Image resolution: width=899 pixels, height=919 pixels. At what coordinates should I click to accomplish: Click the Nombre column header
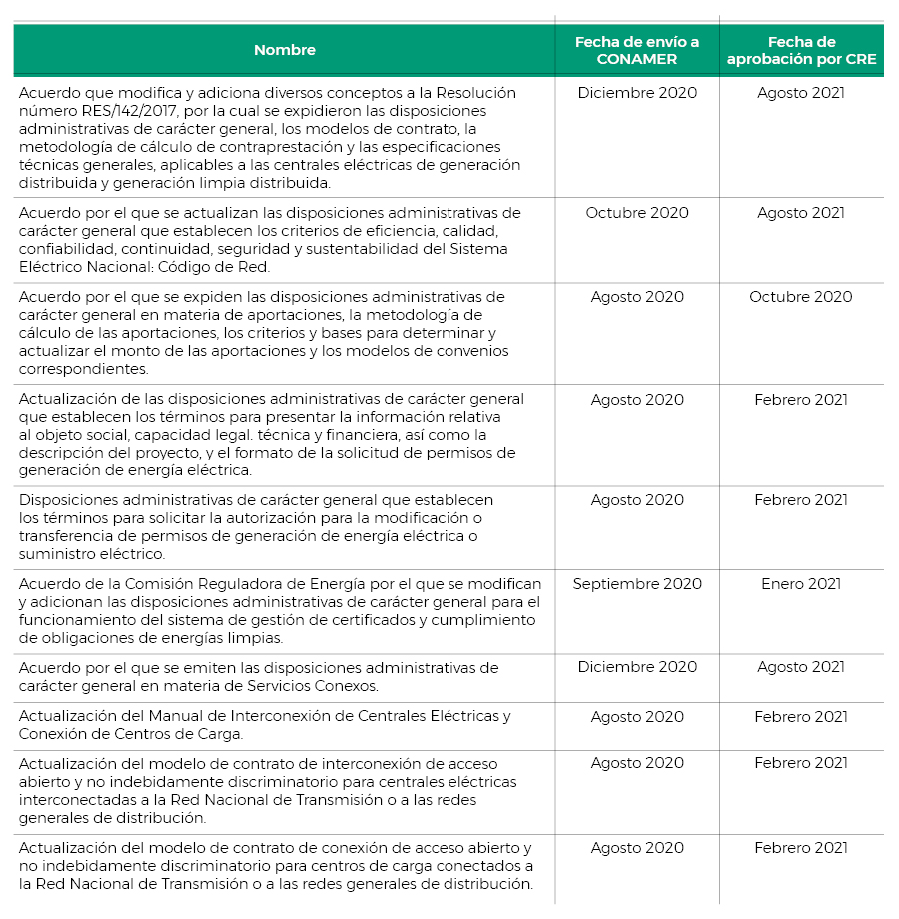(x=284, y=50)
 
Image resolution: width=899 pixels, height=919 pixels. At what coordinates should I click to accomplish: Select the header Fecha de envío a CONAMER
(x=637, y=50)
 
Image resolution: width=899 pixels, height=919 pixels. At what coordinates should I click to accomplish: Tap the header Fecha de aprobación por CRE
(x=801, y=50)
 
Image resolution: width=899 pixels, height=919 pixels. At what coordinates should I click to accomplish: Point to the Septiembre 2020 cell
(x=637, y=584)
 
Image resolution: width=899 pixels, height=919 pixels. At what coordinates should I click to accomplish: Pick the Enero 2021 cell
(x=801, y=584)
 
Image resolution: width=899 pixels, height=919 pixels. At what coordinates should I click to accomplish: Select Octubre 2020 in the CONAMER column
(x=637, y=213)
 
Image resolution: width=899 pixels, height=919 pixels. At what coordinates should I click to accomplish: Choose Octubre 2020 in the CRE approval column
(x=801, y=297)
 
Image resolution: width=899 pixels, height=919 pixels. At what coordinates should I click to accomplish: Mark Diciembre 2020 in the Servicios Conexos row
(x=637, y=667)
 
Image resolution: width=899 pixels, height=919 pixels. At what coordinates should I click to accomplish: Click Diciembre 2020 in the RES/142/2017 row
(x=637, y=93)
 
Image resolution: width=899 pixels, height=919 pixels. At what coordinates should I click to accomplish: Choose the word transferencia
(x=66, y=536)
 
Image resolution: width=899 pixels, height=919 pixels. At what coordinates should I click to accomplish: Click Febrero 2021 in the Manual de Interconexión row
(x=801, y=717)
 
